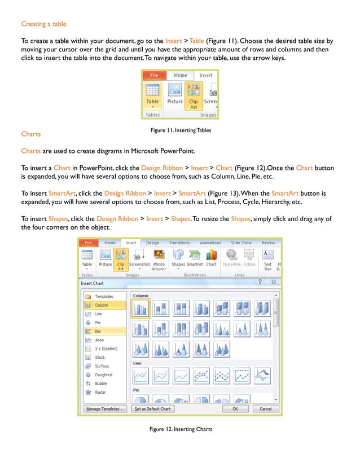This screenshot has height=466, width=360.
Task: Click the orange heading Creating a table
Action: tap(43, 24)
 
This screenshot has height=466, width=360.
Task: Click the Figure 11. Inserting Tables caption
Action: tap(181, 130)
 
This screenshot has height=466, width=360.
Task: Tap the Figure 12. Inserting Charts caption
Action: tap(181, 429)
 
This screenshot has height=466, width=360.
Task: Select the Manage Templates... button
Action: tap(105, 408)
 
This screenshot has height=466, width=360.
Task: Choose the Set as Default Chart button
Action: tap(152, 408)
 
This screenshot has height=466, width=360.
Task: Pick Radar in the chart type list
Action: tap(100, 392)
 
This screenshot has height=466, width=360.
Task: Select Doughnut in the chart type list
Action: tap(103, 375)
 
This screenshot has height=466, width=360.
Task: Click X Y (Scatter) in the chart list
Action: tap(106, 349)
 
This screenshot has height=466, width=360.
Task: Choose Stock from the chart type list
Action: tap(100, 357)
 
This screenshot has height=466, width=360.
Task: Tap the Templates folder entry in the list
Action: tap(103, 296)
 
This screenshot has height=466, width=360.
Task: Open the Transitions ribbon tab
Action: tap(179, 243)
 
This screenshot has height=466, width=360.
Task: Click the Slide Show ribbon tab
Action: tap(242, 243)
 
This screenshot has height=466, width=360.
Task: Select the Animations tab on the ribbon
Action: tap(210, 243)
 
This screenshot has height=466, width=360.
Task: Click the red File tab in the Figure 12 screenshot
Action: tap(88, 243)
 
